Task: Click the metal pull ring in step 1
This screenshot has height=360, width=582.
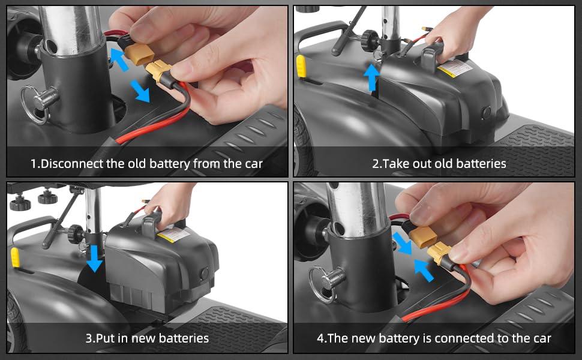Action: [32, 104]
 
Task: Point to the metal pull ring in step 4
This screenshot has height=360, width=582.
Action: [320, 284]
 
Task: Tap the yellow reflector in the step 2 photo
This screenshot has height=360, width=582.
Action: [301, 67]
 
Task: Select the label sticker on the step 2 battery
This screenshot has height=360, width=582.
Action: [454, 68]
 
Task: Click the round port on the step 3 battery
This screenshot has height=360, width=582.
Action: [204, 274]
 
